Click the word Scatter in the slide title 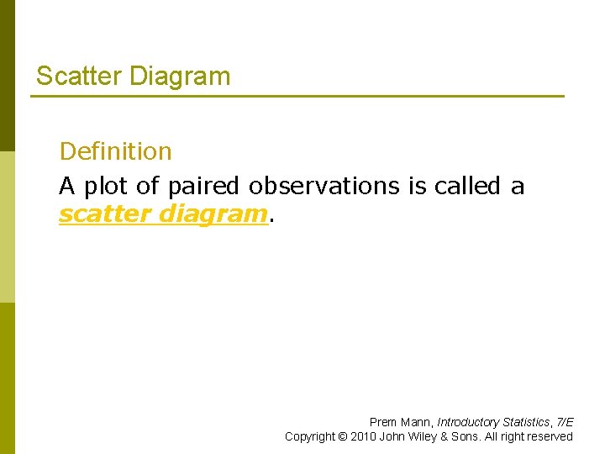79,77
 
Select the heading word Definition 115,151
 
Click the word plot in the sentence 107,186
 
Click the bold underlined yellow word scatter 105,214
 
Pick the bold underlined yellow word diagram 213,214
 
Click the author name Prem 382,422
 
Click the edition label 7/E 565,422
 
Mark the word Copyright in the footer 308,436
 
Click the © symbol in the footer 342,436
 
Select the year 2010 363,436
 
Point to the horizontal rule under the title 297,97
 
